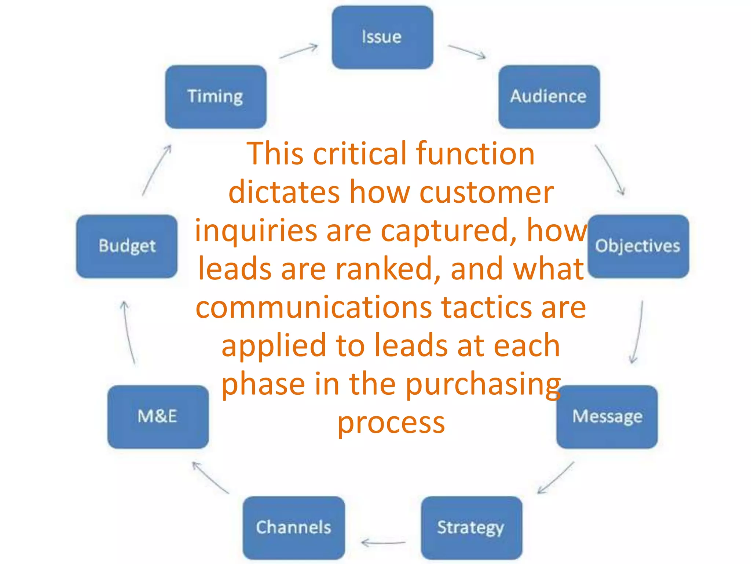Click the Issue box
coord(382,37)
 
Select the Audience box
coord(549,97)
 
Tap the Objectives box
coord(638,246)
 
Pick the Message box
coord(607,417)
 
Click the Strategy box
coord(471,528)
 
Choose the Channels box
coord(293,528)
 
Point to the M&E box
coord(158,417)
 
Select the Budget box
coord(127,246)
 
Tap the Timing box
coord(216,97)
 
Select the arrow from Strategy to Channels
coord(383,542)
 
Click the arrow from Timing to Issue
coord(298,51)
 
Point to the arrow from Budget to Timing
coord(157,170)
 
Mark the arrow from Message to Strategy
coord(556,478)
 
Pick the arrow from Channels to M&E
coord(211,478)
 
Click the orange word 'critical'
coord(359,153)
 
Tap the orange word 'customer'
coord(486,192)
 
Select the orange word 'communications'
coord(314,308)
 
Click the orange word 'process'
coord(391,423)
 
